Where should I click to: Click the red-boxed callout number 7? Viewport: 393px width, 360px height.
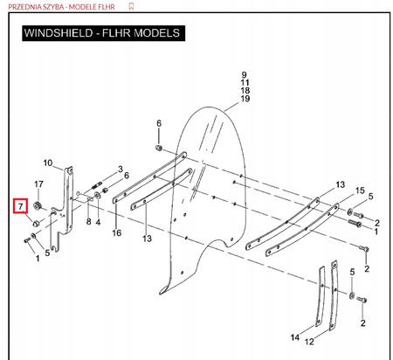(20, 206)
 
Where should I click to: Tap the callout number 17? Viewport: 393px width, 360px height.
(38, 184)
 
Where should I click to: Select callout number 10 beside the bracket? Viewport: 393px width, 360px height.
(48, 163)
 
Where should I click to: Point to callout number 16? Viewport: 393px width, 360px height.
(116, 232)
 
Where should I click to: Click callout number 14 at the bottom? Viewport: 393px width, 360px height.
(295, 337)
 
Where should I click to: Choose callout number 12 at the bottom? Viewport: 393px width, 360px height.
(309, 342)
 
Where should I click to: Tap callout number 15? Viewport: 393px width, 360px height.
(360, 190)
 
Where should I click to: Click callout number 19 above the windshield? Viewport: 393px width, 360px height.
(245, 99)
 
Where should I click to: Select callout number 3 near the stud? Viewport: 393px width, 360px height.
(121, 170)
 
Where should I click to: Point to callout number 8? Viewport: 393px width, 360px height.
(89, 222)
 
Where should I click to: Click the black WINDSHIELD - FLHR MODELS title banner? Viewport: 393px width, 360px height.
(103, 33)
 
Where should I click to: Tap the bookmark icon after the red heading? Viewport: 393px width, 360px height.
(131, 6)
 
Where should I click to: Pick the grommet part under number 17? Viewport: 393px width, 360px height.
(37, 206)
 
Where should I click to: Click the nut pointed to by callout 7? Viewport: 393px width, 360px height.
(36, 224)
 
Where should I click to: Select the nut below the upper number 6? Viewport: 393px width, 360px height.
(159, 148)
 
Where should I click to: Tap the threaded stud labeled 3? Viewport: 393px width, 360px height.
(97, 185)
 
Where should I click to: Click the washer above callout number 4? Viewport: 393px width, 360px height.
(97, 196)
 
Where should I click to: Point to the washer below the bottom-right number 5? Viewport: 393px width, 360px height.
(352, 295)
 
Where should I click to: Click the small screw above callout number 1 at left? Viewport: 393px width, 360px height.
(26, 240)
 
